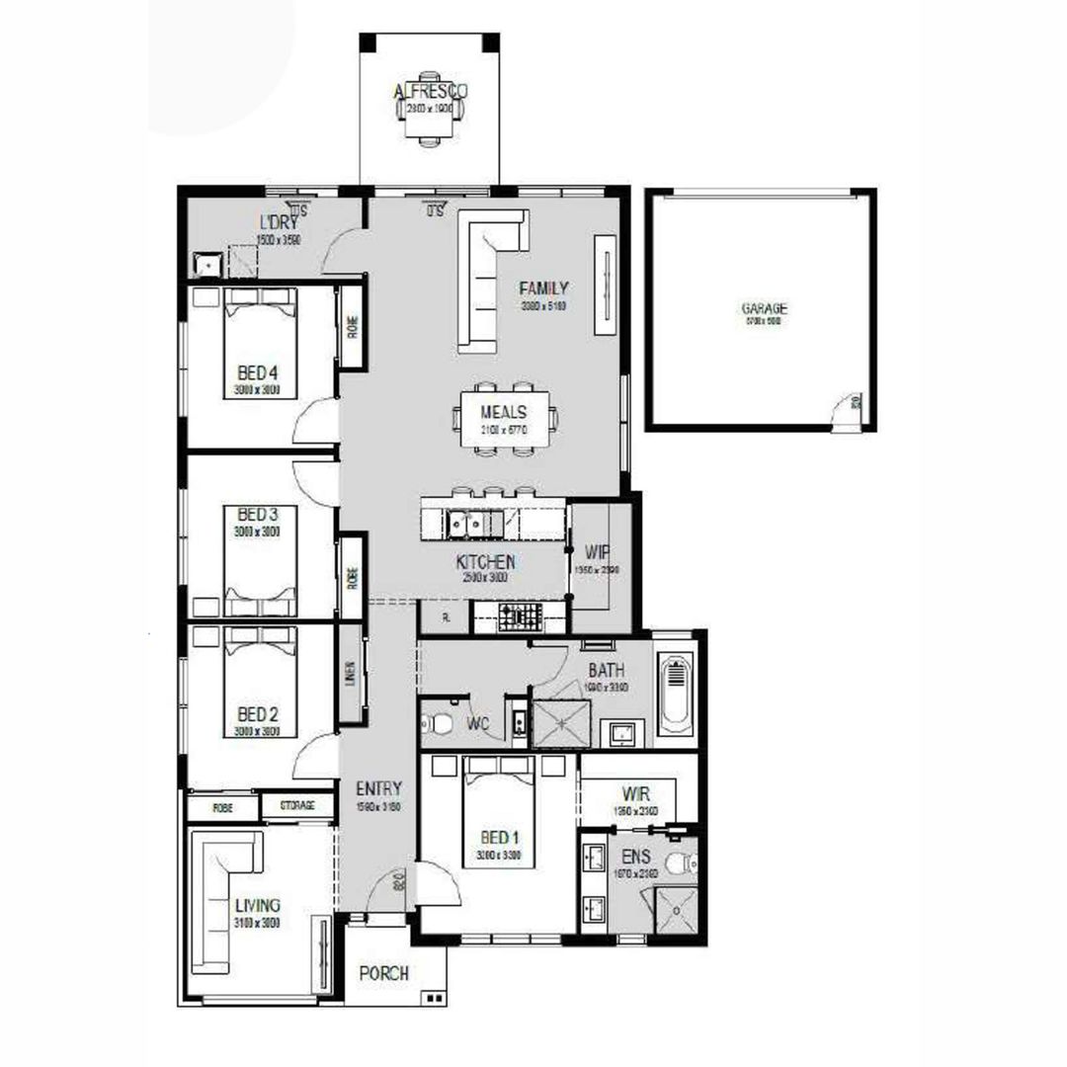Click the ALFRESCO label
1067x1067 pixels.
[430, 92]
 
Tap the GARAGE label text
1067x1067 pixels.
[765, 308]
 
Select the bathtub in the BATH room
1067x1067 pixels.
[676, 695]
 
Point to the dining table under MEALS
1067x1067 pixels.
[504, 419]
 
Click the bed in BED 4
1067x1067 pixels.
[260, 341]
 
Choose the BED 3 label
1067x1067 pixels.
[258, 515]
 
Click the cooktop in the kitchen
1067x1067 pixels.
[520, 619]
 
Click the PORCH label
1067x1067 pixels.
[383, 973]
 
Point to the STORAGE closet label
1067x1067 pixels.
[296, 806]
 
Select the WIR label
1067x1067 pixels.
[635, 793]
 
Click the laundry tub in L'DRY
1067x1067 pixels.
[207, 264]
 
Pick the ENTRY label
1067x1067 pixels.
[378, 788]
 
